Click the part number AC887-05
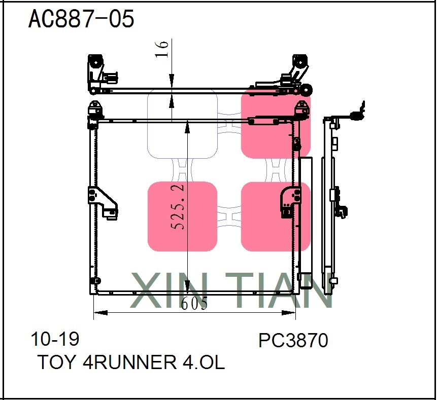click(81, 19)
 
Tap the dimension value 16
click(162, 49)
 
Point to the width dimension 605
click(194, 304)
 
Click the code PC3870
click(293, 341)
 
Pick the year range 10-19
click(55, 339)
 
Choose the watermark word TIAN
click(284, 290)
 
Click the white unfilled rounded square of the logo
click(182, 124)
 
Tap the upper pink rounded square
click(275, 124)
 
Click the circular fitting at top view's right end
click(307, 90)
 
